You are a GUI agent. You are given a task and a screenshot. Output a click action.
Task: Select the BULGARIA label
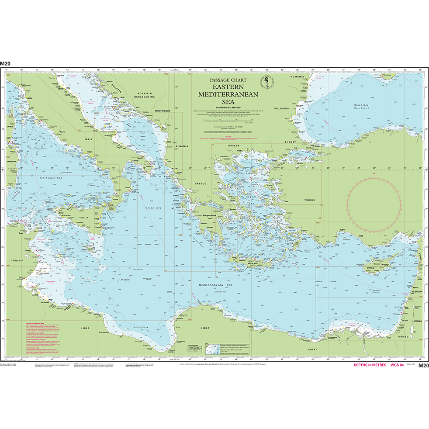pyautogui.click(x=282, y=108)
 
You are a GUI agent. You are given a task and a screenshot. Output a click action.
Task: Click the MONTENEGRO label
pyautogui.click(x=162, y=111)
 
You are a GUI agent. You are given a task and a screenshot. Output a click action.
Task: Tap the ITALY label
pyautogui.click(x=89, y=139)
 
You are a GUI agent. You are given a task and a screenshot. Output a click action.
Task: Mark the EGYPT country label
pyautogui.click(x=311, y=349)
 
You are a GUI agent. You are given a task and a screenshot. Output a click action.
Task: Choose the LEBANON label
pyautogui.click(x=415, y=291)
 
